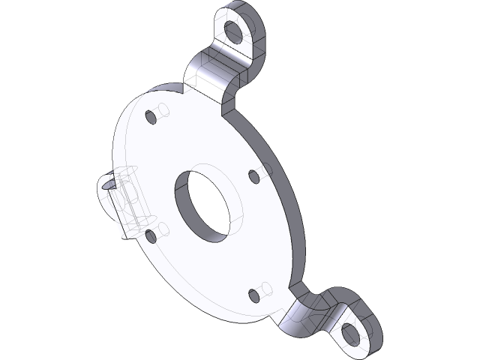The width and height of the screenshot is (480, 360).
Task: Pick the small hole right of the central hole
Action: click(253, 176)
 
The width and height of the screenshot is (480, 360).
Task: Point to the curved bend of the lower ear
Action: click(307, 315)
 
